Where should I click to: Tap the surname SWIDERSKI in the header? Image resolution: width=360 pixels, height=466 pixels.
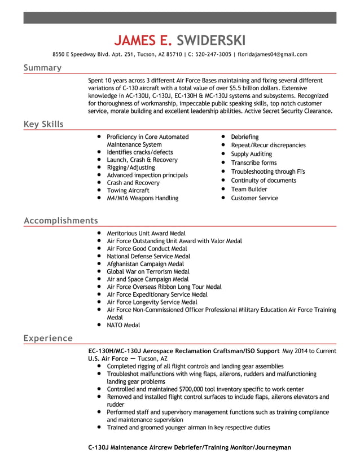click(211, 40)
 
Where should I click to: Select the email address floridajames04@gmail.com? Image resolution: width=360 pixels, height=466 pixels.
click(273, 55)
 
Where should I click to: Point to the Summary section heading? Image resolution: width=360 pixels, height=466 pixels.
click(42, 68)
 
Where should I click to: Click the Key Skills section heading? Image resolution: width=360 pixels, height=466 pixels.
click(43, 124)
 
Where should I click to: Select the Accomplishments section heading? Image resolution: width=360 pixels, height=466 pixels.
click(60, 220)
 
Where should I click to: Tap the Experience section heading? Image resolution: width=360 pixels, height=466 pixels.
click(48, 338)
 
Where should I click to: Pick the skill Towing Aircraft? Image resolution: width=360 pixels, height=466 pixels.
click(128, 191)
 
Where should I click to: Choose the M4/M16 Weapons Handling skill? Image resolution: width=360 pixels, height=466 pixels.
click(142, 198)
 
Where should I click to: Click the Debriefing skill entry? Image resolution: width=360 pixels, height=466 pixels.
click(245, 137)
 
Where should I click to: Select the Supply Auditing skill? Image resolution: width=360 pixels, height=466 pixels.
click(251, 154)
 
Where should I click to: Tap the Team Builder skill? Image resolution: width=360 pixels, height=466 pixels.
click(249, 190)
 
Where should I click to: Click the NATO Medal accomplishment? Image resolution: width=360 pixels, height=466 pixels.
click(123, 325)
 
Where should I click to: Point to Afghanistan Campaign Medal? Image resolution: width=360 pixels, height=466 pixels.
click(145, 264)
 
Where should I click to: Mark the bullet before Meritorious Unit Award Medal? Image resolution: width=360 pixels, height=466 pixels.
click(99, 233)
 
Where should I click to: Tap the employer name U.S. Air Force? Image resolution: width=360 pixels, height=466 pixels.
click(108, 358)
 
